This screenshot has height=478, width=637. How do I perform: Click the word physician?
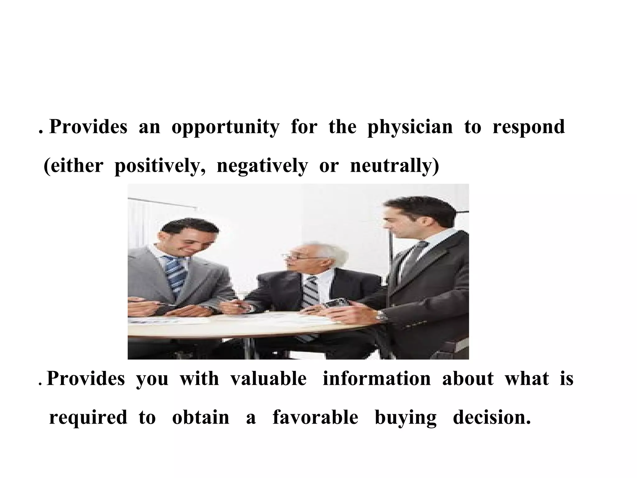tap(410, 128)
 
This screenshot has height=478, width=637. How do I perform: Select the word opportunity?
tap(226, 128)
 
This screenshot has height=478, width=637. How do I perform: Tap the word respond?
tap(529, 128)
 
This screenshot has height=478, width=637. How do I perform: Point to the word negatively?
tap(262, 166)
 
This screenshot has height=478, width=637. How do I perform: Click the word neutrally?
tap(394, 166)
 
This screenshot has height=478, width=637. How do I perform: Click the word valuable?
tap(268, 379)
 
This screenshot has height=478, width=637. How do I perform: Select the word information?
tap(377, 379)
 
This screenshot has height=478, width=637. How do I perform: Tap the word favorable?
tap(315, 417)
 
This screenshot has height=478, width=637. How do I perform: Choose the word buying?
tap(406, 418)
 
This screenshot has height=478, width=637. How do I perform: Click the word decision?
tap(492, 417)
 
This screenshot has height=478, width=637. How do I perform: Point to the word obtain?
tap(201, 417)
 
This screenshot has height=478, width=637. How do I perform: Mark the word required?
tap(88, 418)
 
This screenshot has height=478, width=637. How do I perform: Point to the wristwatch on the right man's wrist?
tap(381, 316)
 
